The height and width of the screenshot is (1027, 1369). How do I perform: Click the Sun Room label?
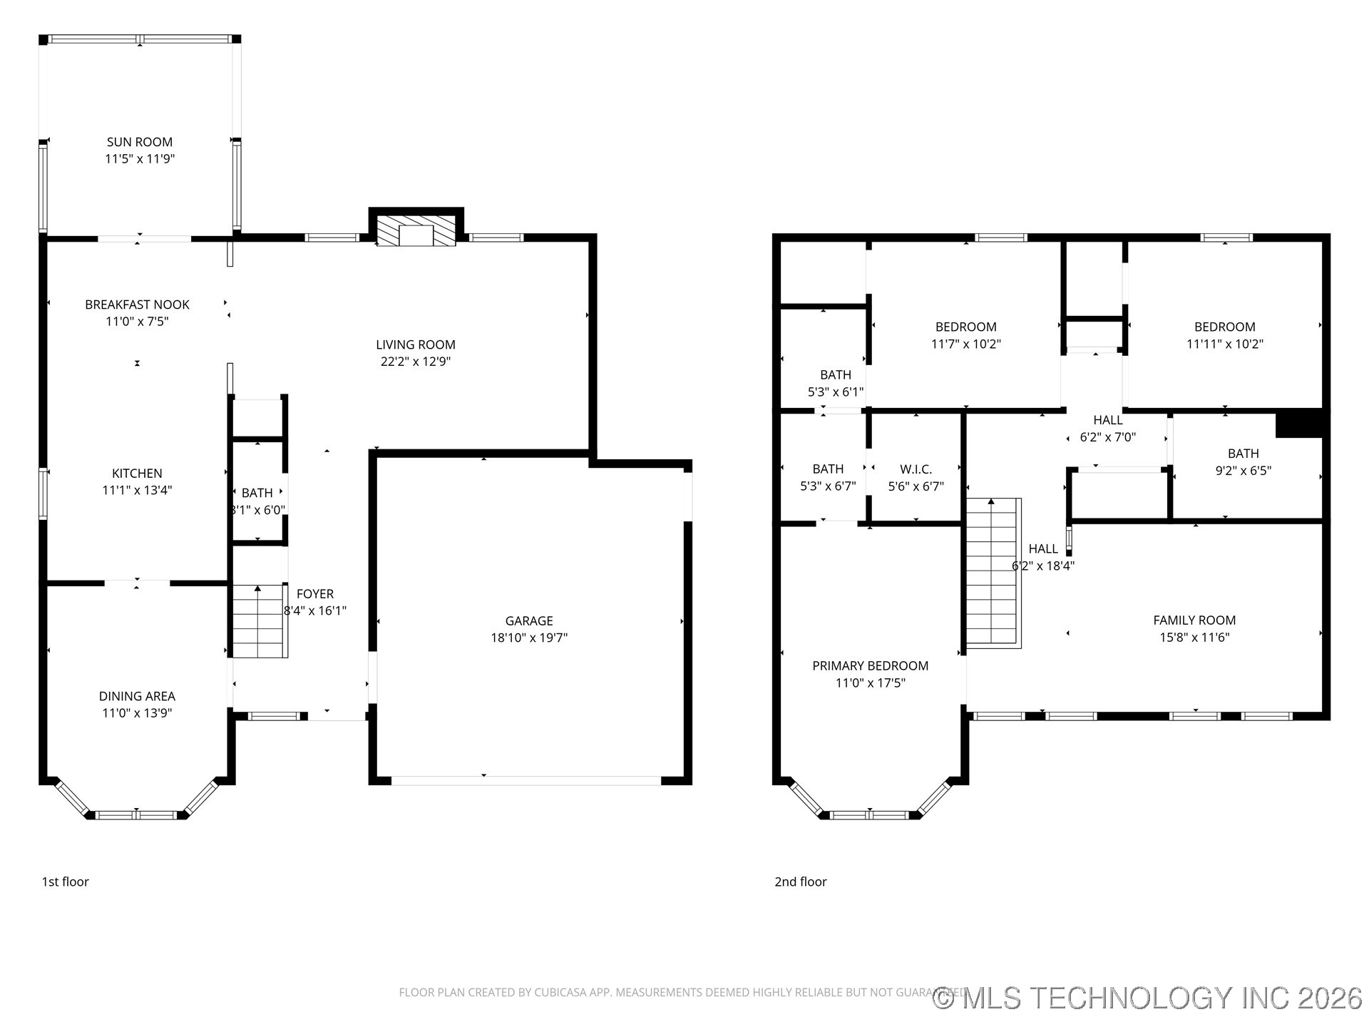pyautogui.click(x=140, y=142)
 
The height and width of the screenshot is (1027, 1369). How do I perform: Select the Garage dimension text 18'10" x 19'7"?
pyautogui.click(x=528, y=638)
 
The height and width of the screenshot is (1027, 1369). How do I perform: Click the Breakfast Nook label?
pyautogui.click(x=137, y=305)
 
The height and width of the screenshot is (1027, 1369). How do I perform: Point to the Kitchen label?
pyautogui.click(x=137, y=474)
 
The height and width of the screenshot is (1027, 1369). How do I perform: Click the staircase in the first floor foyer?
pyautogui.click(x=260, y=621)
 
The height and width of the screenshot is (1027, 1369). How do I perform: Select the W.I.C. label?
pyautogui.click(x=916, y=469)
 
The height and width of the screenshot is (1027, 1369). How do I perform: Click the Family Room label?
pyautogui.click(x=1194, y=620)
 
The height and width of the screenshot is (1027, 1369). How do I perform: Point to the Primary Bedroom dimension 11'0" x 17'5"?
pyautogui.click(x=870, y=683)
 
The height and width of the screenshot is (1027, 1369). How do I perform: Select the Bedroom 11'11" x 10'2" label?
pyautogui.click(x=1224, y=327)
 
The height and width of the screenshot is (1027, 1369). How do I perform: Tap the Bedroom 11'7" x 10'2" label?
pyautogui.click(x=965, y=327)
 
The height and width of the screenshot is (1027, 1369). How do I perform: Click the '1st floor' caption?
pyautogui.click(x=65, y=882)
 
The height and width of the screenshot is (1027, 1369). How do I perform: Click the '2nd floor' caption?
pyautogui.click(x=800, y=882)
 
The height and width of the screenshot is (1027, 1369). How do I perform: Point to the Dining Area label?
pyautogui.click(x=137, y=696)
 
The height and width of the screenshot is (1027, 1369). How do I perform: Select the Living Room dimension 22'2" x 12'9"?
pyautogui.click(x=415, y=362)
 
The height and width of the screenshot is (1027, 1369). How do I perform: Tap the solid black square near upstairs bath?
pyautogui.click(x=1298, y=424)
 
